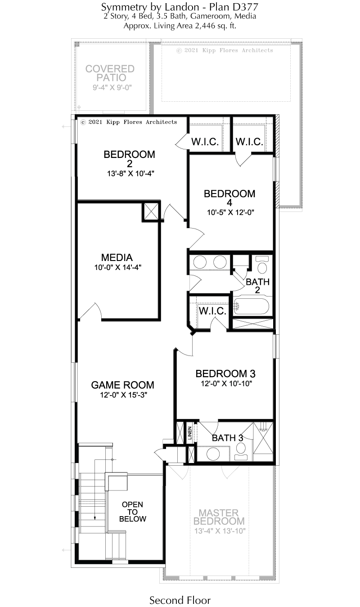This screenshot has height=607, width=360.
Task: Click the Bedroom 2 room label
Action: tap(129, 159)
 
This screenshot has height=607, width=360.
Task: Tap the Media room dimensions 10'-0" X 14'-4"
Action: tap(117, 267)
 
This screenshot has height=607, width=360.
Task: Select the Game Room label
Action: tap(122, 385)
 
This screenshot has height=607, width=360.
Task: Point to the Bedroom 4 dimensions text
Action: tap(230, 212)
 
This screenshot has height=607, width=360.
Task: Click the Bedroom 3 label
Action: tap(225, 373)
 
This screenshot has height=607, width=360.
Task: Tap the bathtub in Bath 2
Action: tap(251, 306)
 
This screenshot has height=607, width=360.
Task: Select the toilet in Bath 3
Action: tap(241, 451)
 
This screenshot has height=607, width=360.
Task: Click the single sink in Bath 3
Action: tap(213, 454)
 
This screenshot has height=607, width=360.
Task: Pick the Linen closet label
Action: tap(190, 433)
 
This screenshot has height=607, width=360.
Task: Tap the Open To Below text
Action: tap(133, 512)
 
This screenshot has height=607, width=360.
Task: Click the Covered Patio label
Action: tap(110, 73)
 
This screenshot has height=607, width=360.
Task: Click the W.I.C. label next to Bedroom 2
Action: tap(205, 141)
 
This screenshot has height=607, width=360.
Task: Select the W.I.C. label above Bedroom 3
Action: tap(212, 311)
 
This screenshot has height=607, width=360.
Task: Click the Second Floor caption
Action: tap(180, 600)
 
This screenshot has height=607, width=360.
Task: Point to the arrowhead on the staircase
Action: tap(95, 518)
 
